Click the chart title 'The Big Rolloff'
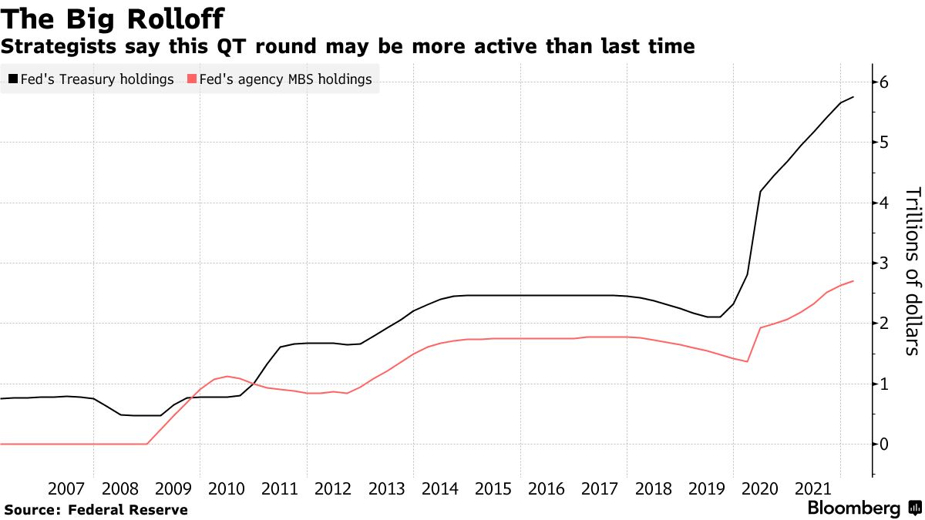coord(114,17)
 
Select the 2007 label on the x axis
coord(66,488)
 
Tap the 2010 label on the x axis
coord(227,488)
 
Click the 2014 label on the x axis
coord(441,488)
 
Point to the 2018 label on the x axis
coord(654,488)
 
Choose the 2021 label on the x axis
coord(815,488)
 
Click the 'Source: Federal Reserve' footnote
coord(96,509)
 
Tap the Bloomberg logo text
coord(853,508)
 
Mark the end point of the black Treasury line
coord(853,97)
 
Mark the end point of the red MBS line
coord(853,281)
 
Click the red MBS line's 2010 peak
coord(227,376)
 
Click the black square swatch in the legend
coord(14,79)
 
